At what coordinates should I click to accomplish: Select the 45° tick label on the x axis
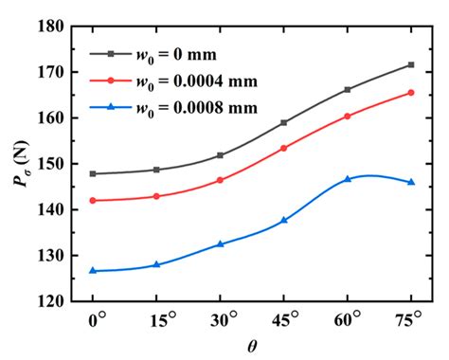pos(285,321)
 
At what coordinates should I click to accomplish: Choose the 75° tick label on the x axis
pos(412,321)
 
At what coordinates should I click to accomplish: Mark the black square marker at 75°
pos(411,64)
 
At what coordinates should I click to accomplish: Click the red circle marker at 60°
pos(348,116)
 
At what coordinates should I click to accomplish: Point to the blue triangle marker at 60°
pos(348,178)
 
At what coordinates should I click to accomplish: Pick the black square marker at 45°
pos(284,122)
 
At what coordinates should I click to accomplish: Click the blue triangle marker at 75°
pos(411,182)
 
